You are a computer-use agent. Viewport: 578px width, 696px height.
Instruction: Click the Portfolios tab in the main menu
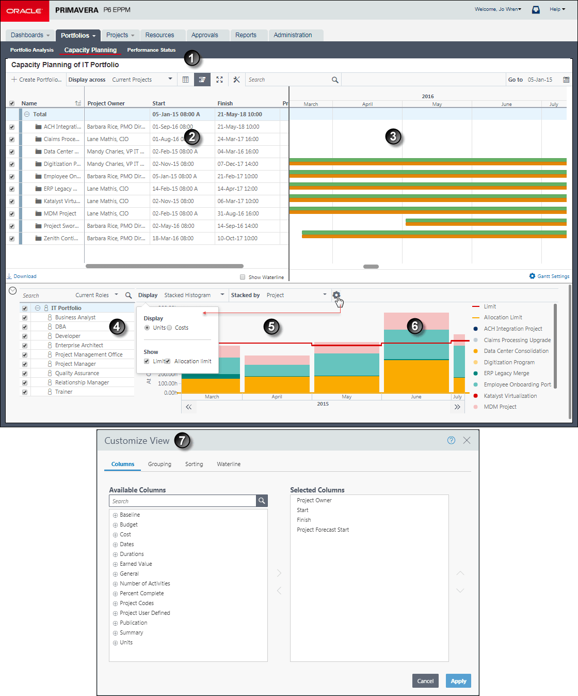tap(78, 35)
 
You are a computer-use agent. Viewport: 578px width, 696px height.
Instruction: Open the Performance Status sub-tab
tap(151, 50)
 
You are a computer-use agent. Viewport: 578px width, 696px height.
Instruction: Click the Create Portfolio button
tap(37, 80)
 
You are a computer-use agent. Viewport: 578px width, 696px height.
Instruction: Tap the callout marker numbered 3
tap(393, 136)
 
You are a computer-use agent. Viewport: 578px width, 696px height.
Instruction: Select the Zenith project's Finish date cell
tap(237, 238)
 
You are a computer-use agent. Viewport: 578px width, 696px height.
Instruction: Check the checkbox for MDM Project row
tap(12, 213)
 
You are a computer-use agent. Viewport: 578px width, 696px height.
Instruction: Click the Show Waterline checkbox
tap(243, 277)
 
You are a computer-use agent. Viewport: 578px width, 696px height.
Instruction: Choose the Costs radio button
tap(169, 328)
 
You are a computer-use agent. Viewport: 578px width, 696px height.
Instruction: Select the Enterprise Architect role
tap(79, 345)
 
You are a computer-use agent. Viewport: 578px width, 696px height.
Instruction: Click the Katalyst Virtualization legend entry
tap(510, 396)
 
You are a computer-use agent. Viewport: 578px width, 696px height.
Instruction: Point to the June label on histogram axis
tap(416, 397)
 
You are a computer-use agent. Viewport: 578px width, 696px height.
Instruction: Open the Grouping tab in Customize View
tap(159, 464)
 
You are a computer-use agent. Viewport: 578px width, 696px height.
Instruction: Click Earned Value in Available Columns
tap(136, 564)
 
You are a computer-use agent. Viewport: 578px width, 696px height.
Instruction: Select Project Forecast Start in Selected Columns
tap(323, 530)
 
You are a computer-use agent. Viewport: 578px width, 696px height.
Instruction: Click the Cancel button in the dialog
tap(425, 681)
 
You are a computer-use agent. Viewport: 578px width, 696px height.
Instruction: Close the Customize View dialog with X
tap(467, 440)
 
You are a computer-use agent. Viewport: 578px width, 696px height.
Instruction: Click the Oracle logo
tap(24, 11)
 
